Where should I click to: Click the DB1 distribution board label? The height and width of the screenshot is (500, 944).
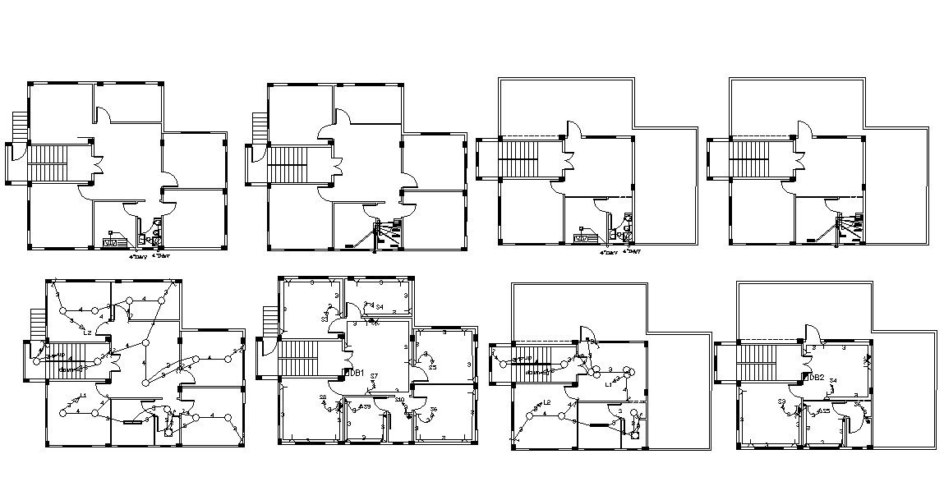[355, 373]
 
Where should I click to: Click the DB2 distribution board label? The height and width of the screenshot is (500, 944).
[815, 378]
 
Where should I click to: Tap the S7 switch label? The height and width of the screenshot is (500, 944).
[374, 376]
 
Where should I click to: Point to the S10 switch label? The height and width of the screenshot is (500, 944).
[398, 400]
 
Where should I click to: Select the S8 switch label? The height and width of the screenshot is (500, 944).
[323, 398]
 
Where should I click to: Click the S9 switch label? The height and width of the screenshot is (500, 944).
[366, 406]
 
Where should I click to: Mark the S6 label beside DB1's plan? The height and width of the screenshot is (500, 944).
[434, 409]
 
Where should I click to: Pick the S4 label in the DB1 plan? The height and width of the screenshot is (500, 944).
[380, 307]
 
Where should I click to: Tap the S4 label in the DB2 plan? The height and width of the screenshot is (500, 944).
[833, 380]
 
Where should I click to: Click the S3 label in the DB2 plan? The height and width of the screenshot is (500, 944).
[783, 401]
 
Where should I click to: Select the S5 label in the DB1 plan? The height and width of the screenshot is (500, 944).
[432, 367]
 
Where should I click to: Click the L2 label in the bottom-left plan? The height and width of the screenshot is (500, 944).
[87, 333]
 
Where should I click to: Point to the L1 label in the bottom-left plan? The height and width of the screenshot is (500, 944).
[84, 396]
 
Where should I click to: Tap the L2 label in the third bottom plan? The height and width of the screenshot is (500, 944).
[547, 402]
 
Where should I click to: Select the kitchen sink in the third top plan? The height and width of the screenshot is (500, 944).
[583, 237]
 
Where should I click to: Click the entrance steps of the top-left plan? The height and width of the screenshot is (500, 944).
[20, 127]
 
